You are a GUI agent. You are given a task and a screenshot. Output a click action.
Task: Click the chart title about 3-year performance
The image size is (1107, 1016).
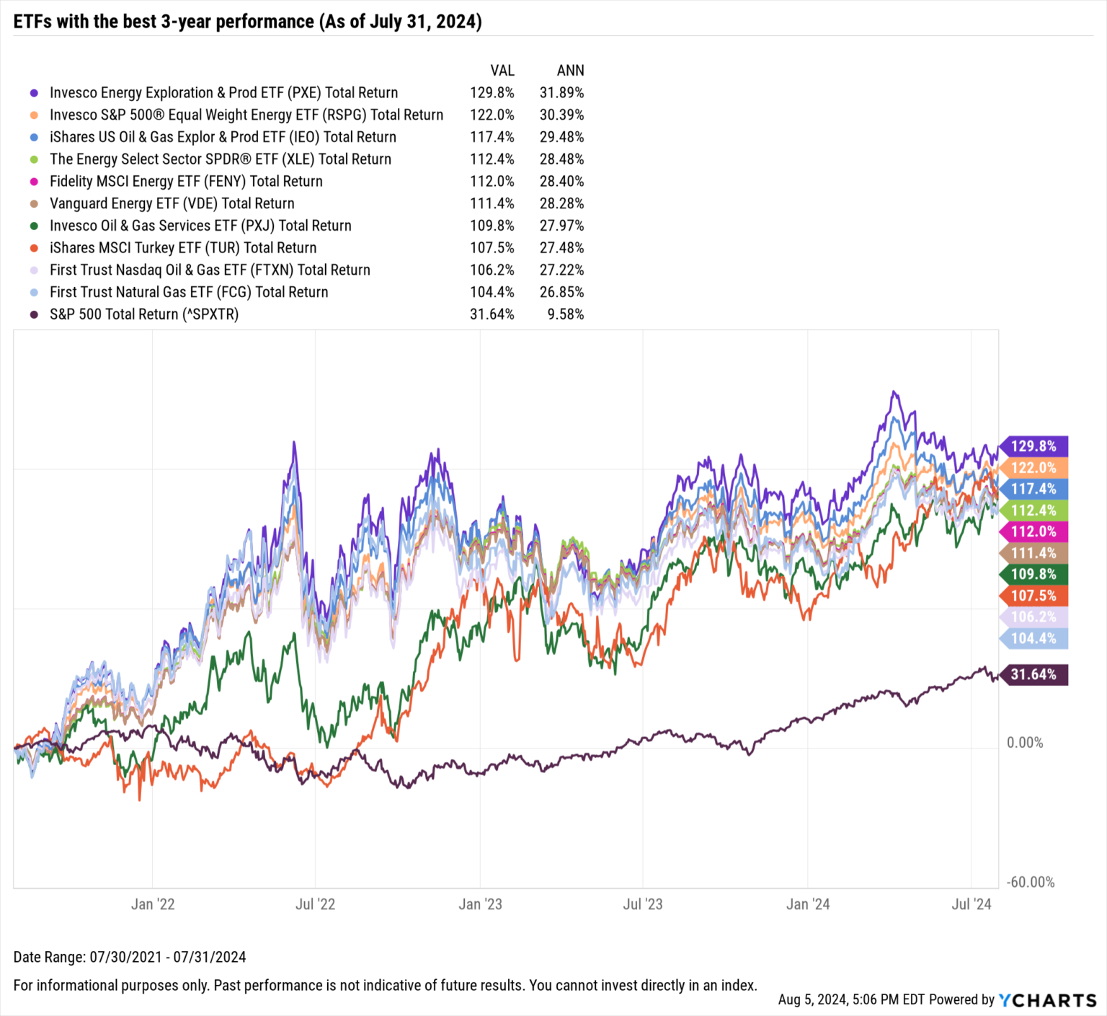tap(247, 21)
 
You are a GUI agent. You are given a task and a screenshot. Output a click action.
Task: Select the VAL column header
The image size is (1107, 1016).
tap(502, 71)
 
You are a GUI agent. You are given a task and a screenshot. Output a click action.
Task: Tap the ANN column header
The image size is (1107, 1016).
tap(570, 71)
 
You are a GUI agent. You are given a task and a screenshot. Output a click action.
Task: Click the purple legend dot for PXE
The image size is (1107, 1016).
tap(34, 93)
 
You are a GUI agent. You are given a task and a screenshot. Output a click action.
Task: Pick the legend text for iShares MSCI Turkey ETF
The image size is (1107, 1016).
tap(183, 248)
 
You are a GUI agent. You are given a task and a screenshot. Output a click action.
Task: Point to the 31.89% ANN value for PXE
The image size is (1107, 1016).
tap(561, 93)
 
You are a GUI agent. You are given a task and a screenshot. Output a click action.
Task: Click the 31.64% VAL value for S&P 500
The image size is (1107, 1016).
tap(492, 314)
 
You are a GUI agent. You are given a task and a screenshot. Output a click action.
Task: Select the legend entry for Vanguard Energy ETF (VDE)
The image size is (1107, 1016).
tap(172, 203)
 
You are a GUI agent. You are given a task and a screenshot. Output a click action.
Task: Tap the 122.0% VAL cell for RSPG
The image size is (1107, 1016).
tap(492, 115)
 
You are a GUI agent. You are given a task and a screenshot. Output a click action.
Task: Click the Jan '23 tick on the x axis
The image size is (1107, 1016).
tap(480, 904)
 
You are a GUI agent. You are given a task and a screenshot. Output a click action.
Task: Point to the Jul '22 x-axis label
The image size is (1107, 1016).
tap(315, 904)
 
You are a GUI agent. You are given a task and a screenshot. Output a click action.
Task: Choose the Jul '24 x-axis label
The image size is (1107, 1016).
tap(971, 904)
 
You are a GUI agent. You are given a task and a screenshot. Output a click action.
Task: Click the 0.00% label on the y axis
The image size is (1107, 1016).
tap(1024, 743)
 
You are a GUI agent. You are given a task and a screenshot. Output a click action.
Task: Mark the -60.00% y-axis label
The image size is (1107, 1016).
tap(1030, 883)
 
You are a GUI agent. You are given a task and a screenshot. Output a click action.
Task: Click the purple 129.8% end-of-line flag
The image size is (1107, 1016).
tap(1033, 446)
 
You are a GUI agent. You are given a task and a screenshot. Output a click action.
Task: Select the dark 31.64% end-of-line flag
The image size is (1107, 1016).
tap(1033, 675)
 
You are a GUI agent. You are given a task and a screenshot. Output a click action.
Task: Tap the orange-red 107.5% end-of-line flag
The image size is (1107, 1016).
tap(1033, 596)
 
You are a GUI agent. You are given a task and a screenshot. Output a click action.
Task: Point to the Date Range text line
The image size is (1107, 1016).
tap(130, 957)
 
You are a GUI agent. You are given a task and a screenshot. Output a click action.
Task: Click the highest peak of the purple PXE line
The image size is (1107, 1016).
tap(894, 392)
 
